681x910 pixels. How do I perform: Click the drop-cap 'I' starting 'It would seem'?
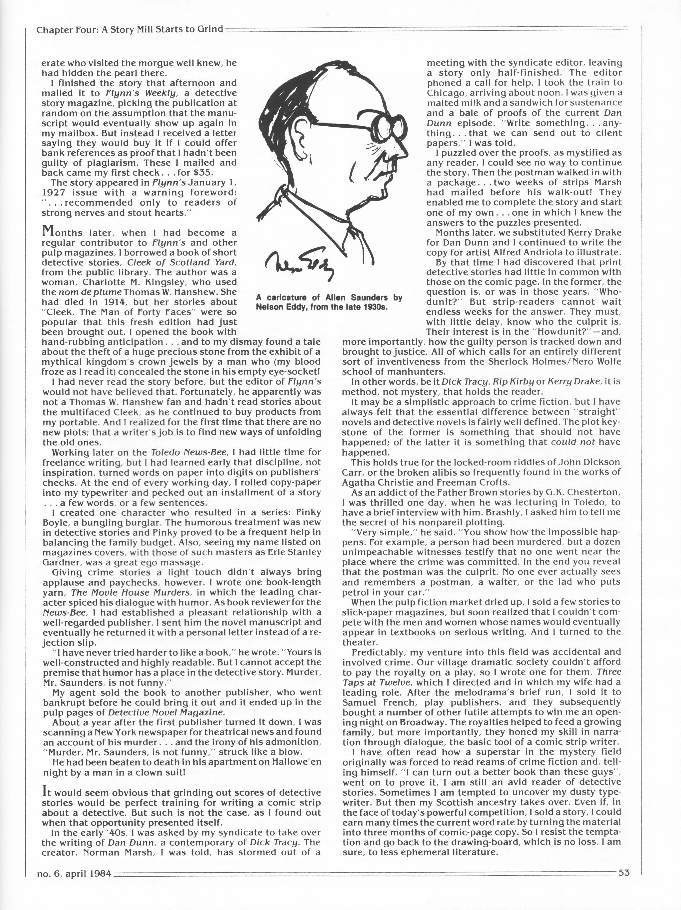coord(45,790)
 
